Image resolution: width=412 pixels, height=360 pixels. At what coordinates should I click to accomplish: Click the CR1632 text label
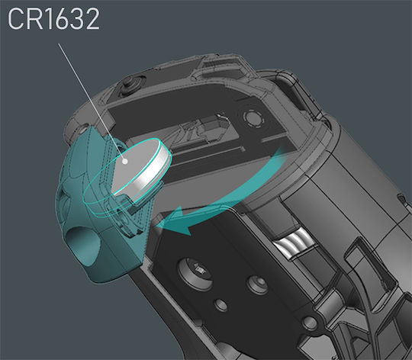54,19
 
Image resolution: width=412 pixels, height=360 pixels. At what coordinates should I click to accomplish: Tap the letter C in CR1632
15,19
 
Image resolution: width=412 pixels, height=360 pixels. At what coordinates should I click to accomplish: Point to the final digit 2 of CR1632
92,19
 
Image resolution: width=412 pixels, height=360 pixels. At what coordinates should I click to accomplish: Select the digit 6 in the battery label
61,19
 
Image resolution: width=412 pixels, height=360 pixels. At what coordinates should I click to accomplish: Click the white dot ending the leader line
125,161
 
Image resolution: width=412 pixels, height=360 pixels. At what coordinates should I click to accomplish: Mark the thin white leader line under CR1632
92,102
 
